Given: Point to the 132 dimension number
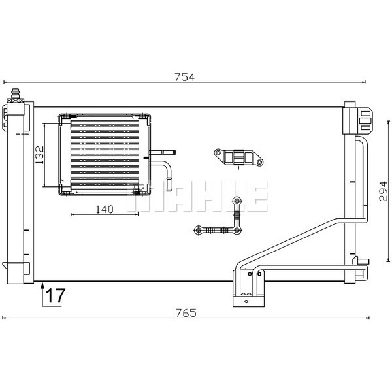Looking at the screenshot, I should coord(39,157).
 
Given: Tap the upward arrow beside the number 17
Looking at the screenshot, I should coord(43,294).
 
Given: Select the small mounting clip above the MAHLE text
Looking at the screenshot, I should coord(238,157).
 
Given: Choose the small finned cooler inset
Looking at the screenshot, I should coord(105,155).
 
